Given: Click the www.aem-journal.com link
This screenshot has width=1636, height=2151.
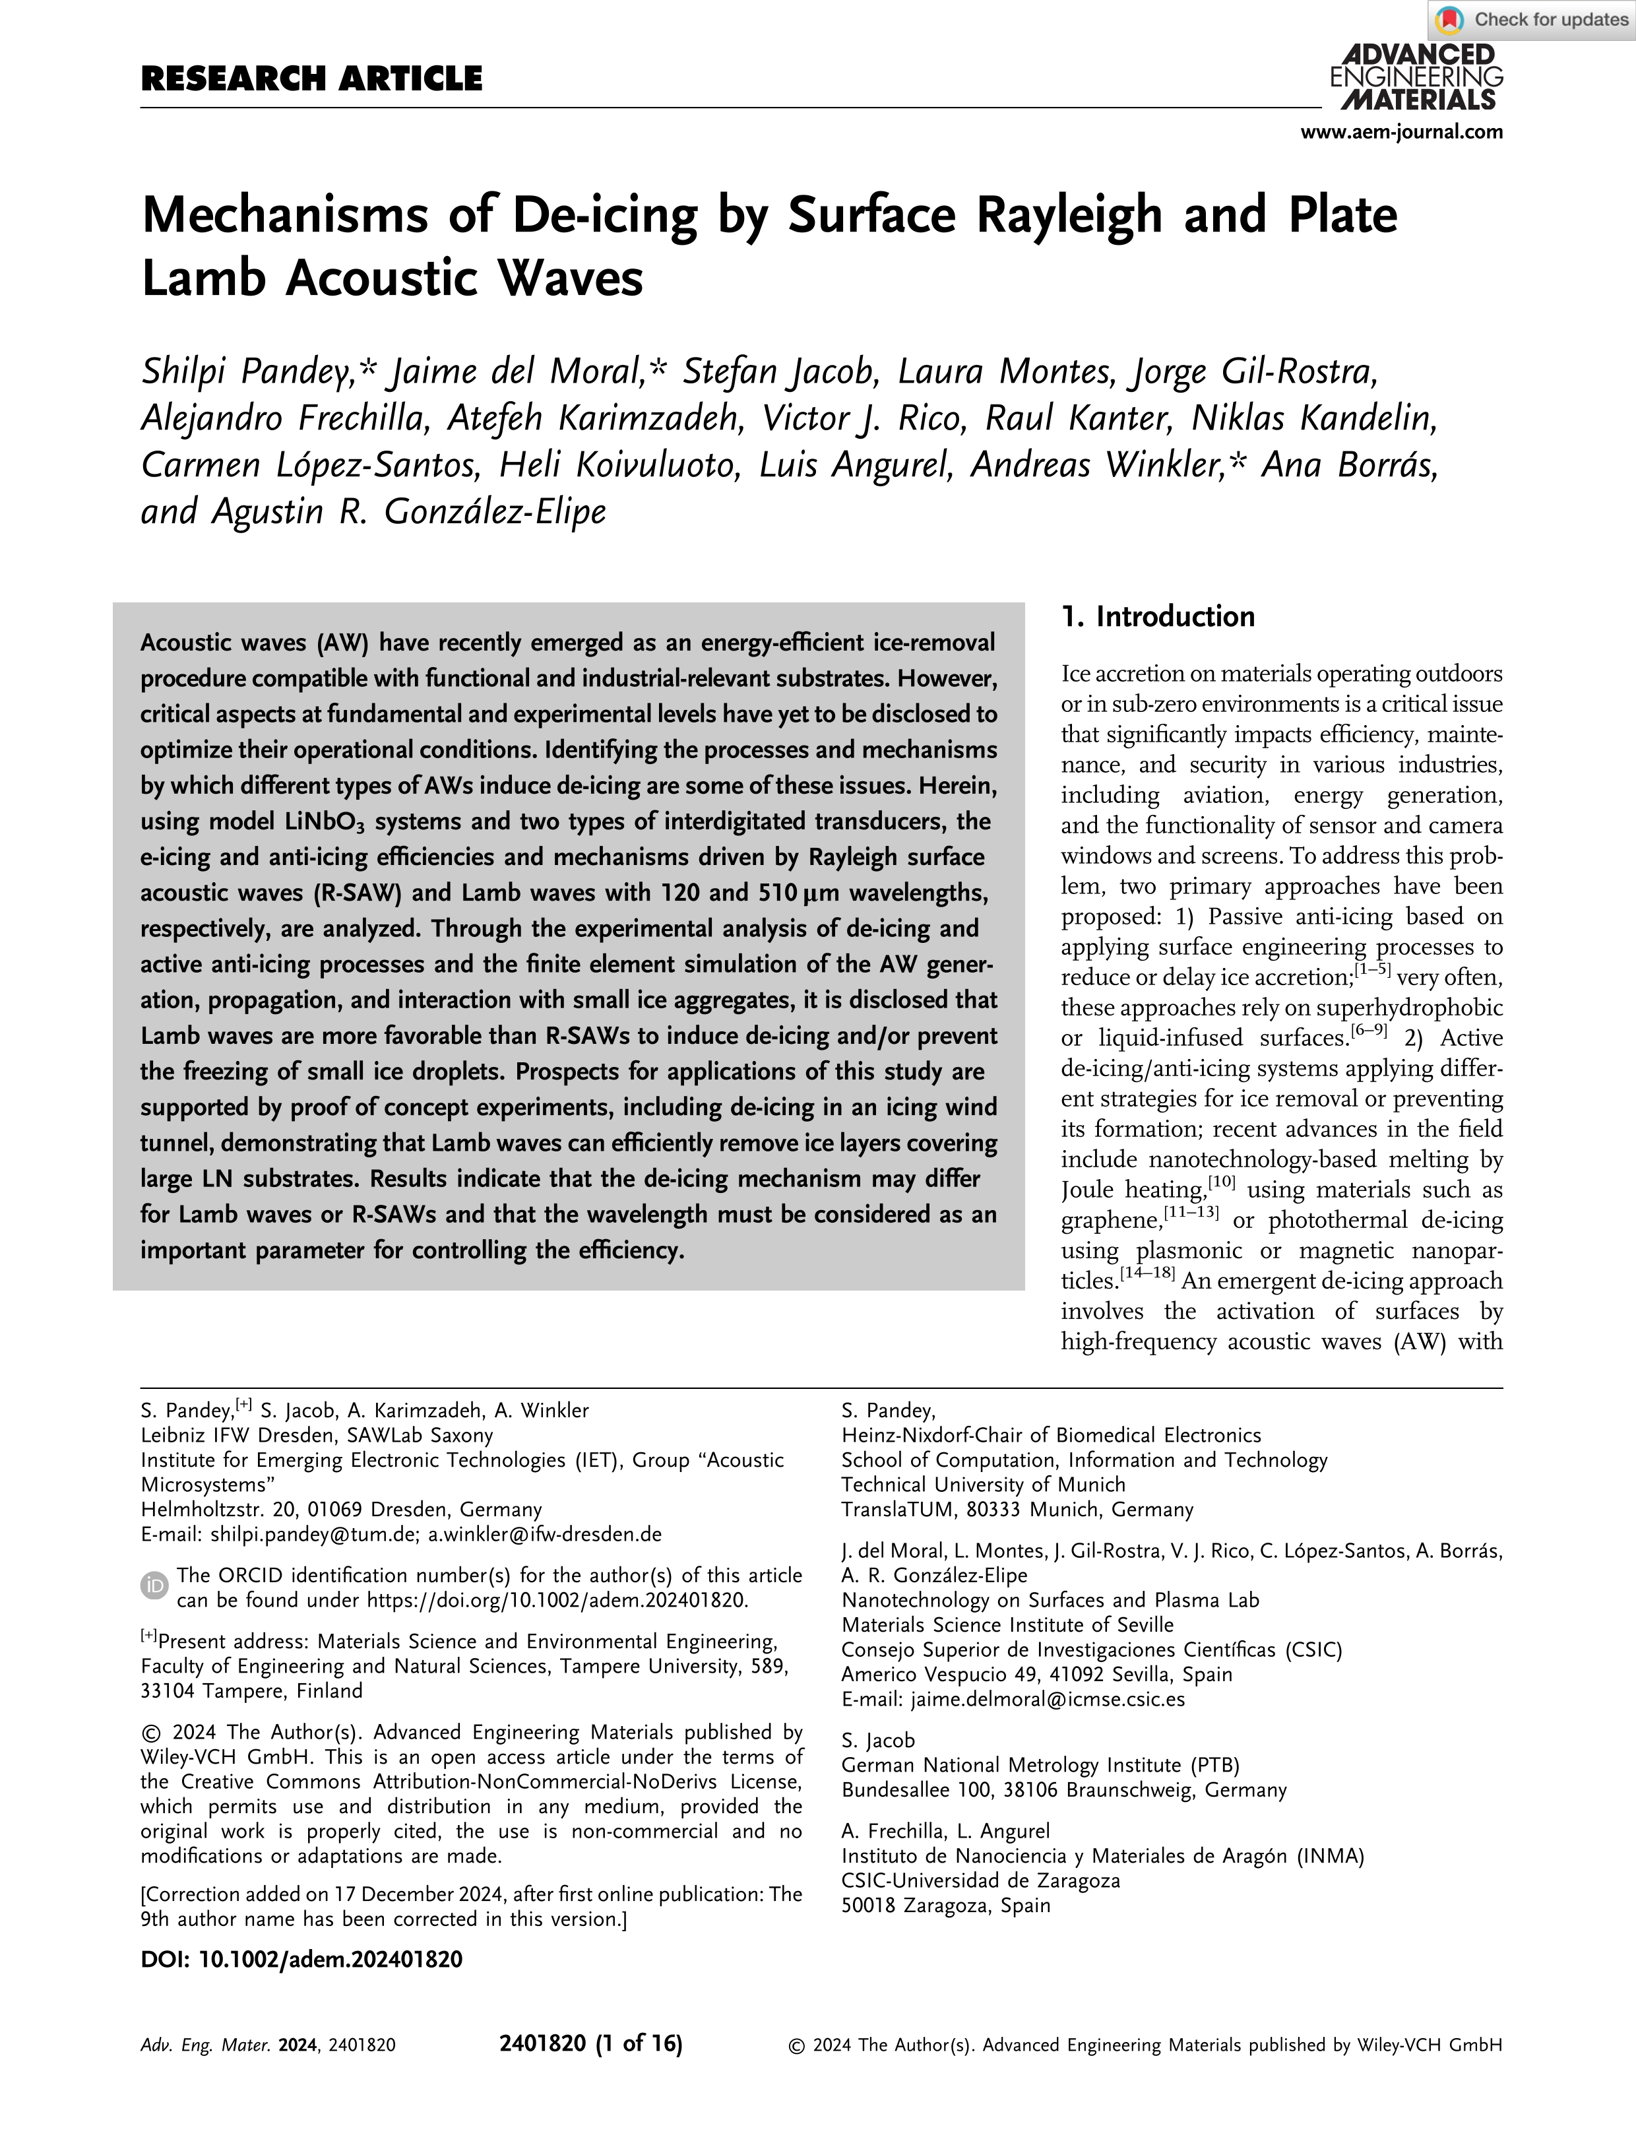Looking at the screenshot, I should point(1401,131).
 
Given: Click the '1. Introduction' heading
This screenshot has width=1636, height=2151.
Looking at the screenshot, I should point(1158,616).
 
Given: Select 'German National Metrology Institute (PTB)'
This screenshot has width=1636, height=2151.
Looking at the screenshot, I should point(1040,1764).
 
